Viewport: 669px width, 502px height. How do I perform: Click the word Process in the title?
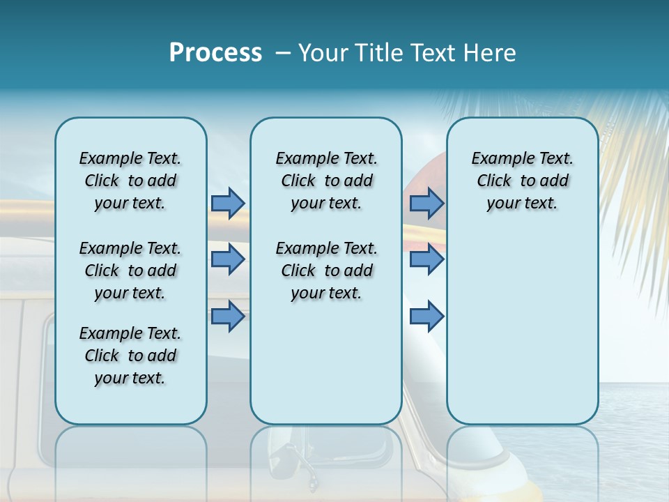point(215,53)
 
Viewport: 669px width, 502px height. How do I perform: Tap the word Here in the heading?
point(490,53)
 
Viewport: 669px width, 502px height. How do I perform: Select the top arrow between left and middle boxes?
point(228,203)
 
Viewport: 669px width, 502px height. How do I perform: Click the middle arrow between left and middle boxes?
point(228,259)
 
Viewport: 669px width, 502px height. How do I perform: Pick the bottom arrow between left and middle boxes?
point(228,316)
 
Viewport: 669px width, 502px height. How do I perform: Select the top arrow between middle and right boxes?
point(426,203)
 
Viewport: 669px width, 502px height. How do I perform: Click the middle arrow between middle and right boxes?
point(426,259)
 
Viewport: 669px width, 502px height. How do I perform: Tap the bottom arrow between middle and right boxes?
point(426,316)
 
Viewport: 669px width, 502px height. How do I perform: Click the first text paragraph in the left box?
point(130,181)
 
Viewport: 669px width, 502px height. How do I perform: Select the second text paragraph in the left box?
point(130,271)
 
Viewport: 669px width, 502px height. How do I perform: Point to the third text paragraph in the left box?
point(130,356)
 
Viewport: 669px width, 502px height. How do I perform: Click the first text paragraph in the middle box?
point(326,181)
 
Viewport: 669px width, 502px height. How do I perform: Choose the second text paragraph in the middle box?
point(326,271)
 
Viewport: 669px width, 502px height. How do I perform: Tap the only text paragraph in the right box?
point(522,181)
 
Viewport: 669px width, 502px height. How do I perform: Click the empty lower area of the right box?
point(522,328)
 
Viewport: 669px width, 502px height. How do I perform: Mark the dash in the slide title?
point(283,54)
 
